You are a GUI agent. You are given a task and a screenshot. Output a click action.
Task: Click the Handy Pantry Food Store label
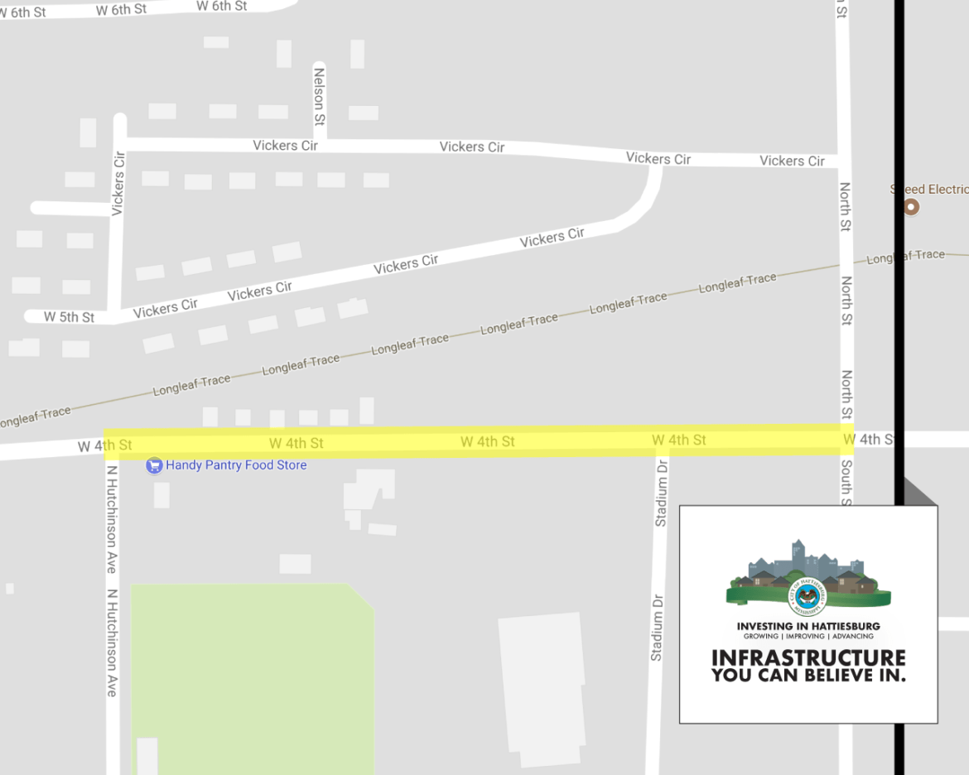(236, 465)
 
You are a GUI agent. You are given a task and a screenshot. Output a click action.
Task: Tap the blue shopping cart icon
(153, 465)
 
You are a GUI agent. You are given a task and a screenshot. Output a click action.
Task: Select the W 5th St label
(69, 317)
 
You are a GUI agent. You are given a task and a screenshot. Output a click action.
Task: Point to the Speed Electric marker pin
(911, 207)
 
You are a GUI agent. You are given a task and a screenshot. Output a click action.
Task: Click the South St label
(846, 480)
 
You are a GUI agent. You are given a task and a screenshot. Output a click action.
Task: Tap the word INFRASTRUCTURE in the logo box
(808, 658)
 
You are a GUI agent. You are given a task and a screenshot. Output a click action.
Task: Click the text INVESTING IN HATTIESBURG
(808, 626)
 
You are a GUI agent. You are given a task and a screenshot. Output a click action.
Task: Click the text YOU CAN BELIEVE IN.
(808, 676)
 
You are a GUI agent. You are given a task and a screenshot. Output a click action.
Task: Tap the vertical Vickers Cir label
(118, 183)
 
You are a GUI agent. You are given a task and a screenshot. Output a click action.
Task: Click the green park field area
(248, 679)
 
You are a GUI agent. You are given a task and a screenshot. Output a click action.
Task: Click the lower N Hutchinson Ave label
(112, 643)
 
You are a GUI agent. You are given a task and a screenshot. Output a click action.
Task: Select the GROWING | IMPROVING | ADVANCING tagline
(808, 636)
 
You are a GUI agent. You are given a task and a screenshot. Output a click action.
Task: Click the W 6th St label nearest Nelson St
(221, 6)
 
